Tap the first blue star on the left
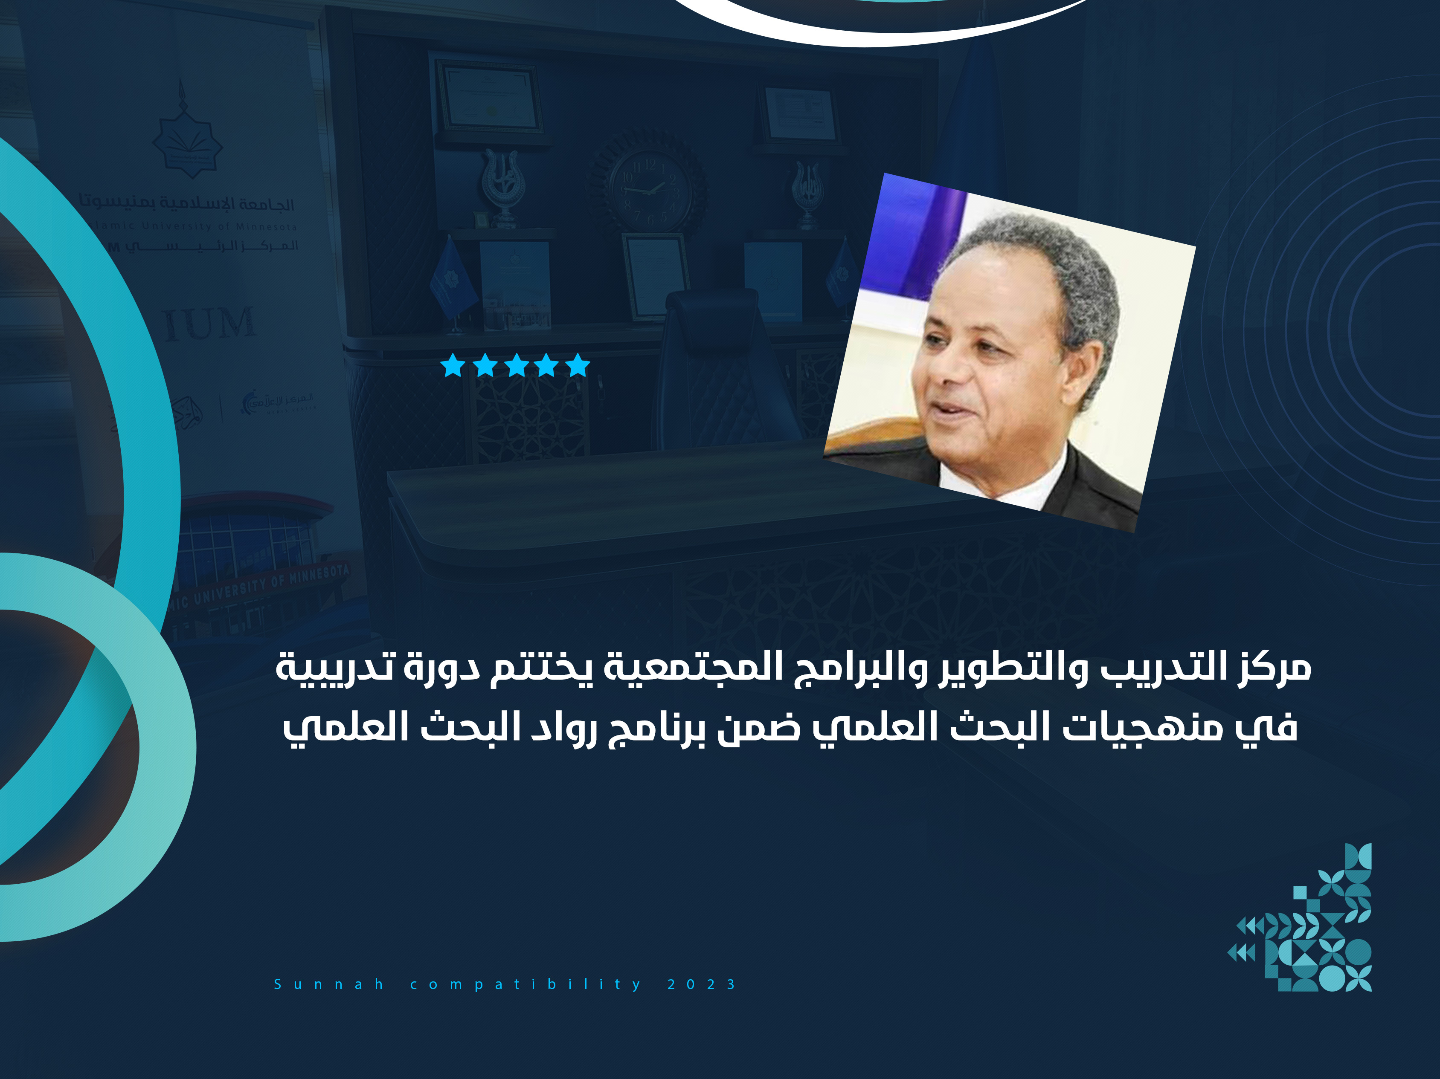(x=453, y=366)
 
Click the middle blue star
(x=516, y=366)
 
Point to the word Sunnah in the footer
(x=329, y=984)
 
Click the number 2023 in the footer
(x=702, y=984)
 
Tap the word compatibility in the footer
(x=525, y=984)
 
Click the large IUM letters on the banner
(x=209, y=324)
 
